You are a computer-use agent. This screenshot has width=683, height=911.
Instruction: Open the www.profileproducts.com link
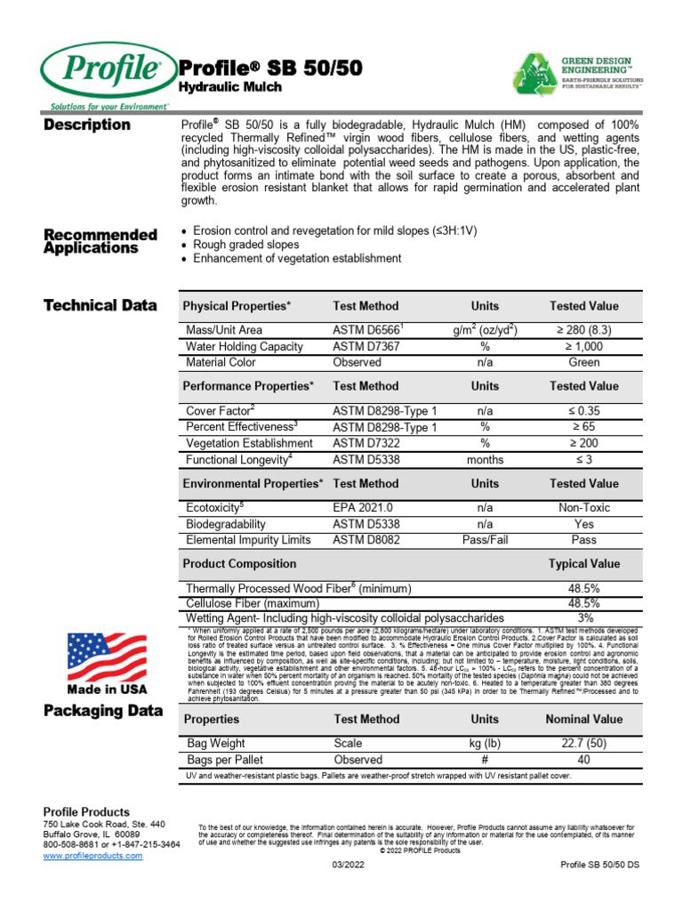(x=92, y=855)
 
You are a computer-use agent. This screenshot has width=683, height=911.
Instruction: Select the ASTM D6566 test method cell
(x=368, y=330)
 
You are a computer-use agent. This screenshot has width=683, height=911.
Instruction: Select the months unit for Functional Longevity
(x=485, y=460)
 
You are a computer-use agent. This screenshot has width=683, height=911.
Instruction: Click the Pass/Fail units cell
(x=485, y=540)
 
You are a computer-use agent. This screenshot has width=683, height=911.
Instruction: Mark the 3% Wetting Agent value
(x=584, y=617)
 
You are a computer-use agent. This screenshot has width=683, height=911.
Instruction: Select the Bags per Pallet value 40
(x=583, y=760)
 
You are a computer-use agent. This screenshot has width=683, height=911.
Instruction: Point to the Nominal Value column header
(x=583, y=719)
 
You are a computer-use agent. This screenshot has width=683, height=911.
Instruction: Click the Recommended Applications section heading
(x=100, y=241)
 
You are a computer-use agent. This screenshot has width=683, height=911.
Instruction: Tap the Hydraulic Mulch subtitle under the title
(x=230, y=87)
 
